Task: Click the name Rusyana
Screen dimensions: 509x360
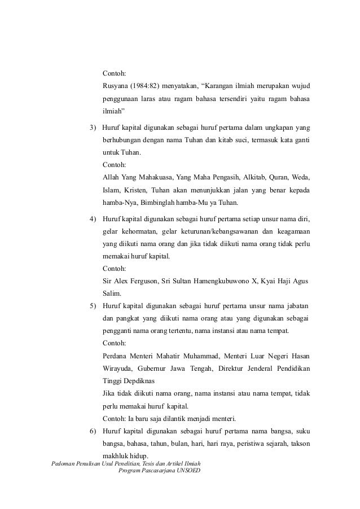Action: pyautogui.click(x=117, y=86)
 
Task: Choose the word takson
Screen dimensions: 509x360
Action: pyautogui.click(x=298, y=444)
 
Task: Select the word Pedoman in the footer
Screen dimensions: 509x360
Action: pyautogui.click(x=64, y=463)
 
